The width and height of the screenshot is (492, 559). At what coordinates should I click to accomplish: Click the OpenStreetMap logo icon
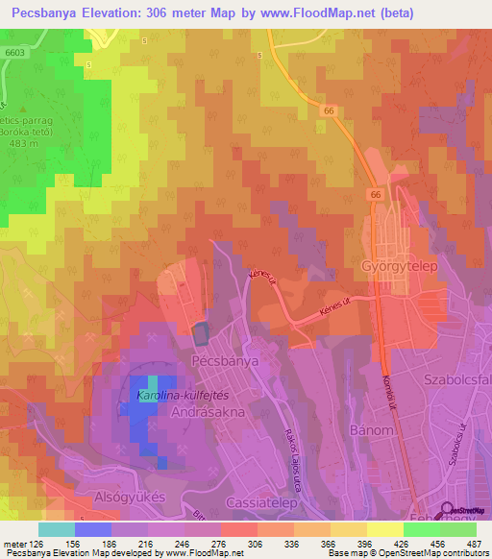coord(449,511)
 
